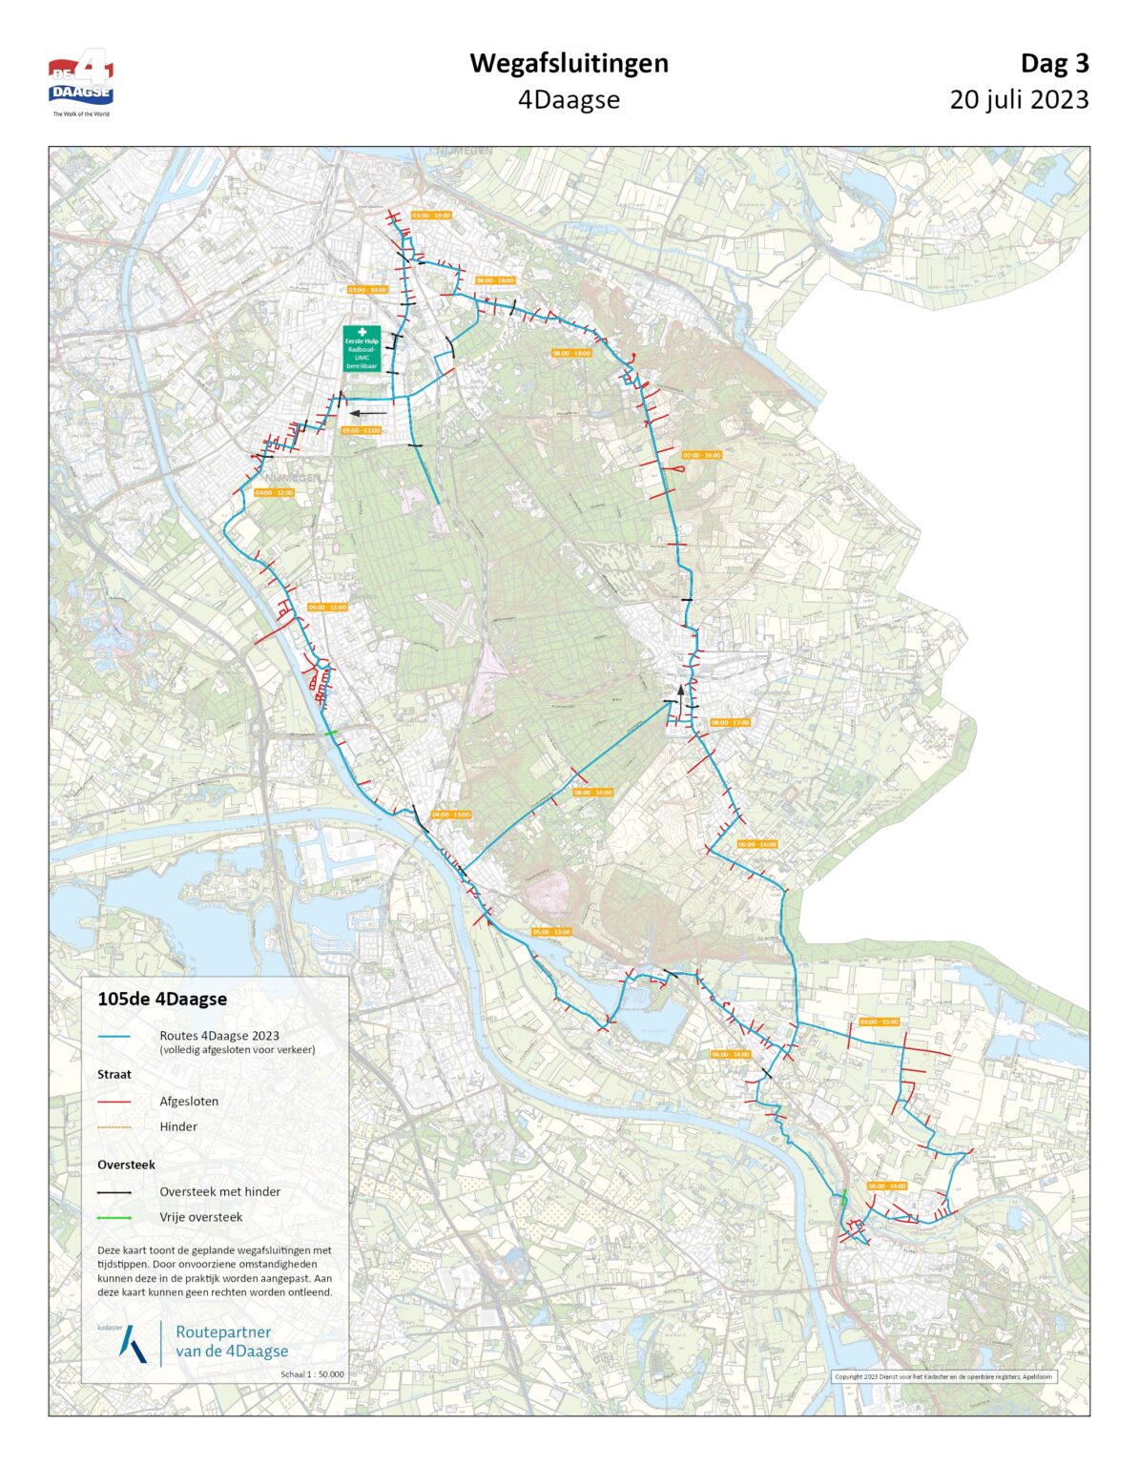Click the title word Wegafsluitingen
[569, 63]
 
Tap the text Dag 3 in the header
[1054, 63]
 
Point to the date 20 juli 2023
[1019, 99]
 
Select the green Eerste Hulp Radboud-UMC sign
[362, 348]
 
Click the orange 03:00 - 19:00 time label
[431, 216]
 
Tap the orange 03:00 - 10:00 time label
[367, 289]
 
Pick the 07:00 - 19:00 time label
[702, 455]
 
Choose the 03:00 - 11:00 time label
[361, 430]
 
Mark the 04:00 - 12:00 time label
[274, 492]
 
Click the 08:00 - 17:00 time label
[731, 722]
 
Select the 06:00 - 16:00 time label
[757, 844]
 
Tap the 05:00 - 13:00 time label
[551, 931]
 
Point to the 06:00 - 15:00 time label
[879, 1021]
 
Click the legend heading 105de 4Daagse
[162, 1000]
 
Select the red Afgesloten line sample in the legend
[114, 1102]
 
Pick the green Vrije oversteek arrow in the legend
[114, 1218]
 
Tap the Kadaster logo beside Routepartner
[132, 1342]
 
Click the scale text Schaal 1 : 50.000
[313, 1374]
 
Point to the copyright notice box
[943, 1376]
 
